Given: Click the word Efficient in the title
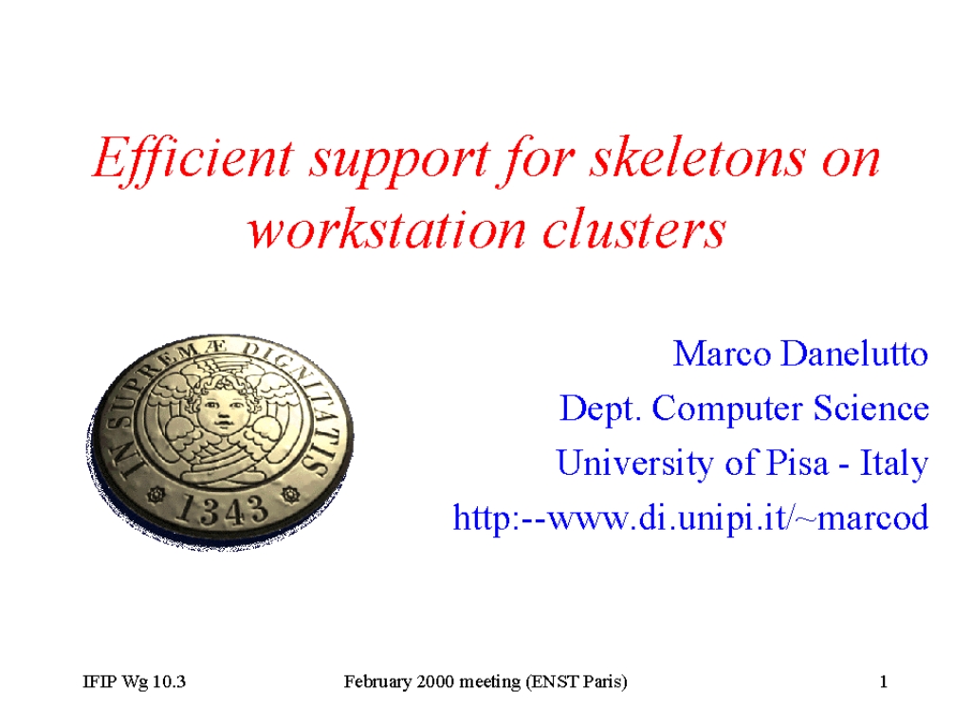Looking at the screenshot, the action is coord(192,159).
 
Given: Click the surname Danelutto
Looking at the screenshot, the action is coord(854,355).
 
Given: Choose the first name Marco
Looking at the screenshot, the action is coord(722,355).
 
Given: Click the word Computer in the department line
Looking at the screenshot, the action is coord(728,409).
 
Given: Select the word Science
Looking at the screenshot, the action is coord(871,409).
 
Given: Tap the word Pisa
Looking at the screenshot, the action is coord(797,463).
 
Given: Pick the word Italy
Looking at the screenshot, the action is coord(894,464).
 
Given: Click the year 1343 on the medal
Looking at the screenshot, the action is coord(222,509).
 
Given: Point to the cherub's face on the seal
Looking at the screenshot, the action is coord(220,408).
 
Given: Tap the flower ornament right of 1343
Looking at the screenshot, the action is coord(289,494).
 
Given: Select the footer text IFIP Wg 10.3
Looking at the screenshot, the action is coord(134,682).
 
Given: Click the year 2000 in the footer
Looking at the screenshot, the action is coord(435,682).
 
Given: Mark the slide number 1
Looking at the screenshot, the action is coord(884,682).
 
